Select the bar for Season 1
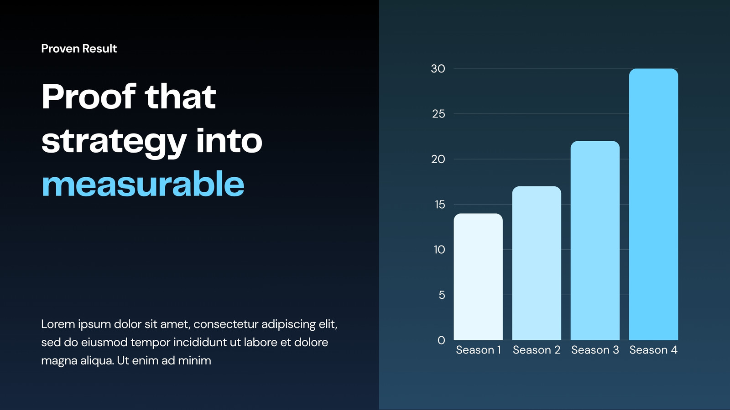click(x=478, y=277)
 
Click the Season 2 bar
click(x=537, y=263)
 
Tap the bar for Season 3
click(x=595, y=241)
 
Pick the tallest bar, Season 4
click(x=653, y=205)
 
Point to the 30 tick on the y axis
click(x=438, y=69)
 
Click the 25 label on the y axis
click(x=438, y=114)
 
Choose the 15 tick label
click(x=440, y=205)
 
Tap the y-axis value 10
click(x=439, y=250)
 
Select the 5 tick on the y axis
click(x=442, y=295)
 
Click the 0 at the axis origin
click(x=441, y=340)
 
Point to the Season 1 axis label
click(x=479, y=350)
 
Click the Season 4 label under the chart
click(x=653, y=350)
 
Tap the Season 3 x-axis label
click(x=595, y=350)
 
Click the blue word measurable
click(x=143, y=184)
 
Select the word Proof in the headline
click(x=89, y=96)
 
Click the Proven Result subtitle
click(x=79, y=48)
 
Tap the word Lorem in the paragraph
click(x=58, y=324)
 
